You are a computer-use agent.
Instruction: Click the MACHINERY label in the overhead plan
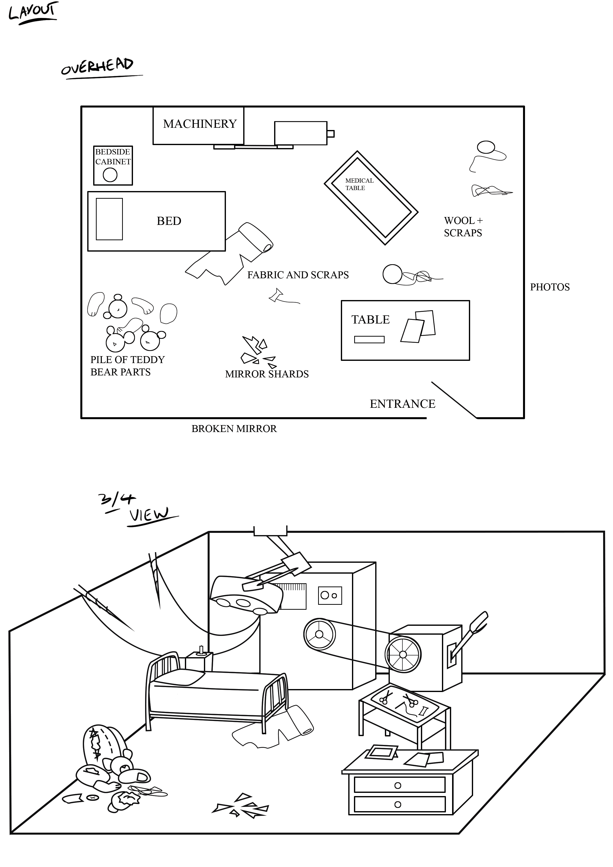pyautogui.click(x=199, y=124)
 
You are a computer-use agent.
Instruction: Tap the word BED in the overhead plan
pyautogui.click(x=169, y=221)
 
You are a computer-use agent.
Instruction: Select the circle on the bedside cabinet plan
pyautogui.click(x=110, y=175)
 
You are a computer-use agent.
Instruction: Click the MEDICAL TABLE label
pyautogui.click(x=359, y=184)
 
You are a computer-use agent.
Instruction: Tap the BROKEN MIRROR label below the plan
pyautogui.click(x=234, y=429)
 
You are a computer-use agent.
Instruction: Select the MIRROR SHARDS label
pyautogui.click(x=267, y=374)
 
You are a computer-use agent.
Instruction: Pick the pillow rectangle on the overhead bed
pyautogui.click(x=109, y=219)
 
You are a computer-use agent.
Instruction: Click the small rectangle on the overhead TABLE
pyautogui.click(x=369, y=340)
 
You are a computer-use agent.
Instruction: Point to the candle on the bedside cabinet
pyautogui.click(x=201, y=650)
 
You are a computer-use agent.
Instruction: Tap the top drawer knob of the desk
pyautogui.click(x=397, y=785)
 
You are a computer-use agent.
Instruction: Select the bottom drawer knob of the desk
pyautogui.click(x=397, y=805)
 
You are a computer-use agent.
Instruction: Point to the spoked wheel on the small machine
pyautogui.click(x=403, y=654)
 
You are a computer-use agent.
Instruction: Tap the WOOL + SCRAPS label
pyautogui.click(x=463, y=227)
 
